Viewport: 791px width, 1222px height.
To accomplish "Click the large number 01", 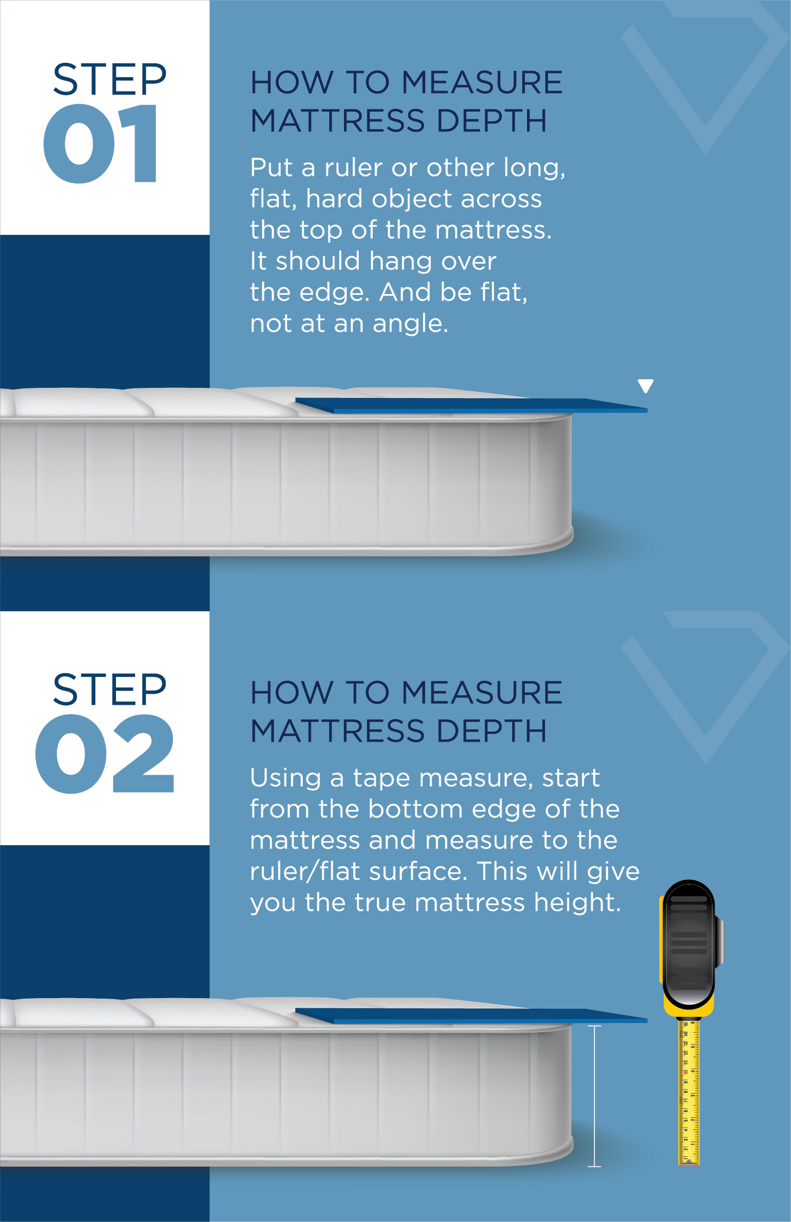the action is pyautogui.click(x=100, y=143).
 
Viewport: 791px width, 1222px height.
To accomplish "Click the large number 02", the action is pyautogui.click(x=104, y=753).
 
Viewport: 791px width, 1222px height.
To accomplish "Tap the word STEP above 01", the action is pyautogui.click(x=110, y=80).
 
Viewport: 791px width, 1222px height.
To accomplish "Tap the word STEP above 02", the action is pyautogui.click(x=110, y=689).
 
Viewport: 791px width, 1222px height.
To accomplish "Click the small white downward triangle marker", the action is pyautogui.click(x=645, y=386).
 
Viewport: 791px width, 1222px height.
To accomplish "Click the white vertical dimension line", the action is pyautogui.click(x=594, y=1095).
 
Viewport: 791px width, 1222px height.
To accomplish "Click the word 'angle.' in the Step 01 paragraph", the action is pyautogui.click(x=410, y=324).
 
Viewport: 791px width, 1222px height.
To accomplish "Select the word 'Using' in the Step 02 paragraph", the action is pyautogui.click(x=285, y=779).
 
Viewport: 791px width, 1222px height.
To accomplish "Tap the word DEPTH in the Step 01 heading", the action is pyautogui.click(x=491, y=121).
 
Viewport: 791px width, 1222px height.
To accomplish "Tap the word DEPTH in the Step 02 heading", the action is pyautogui.click(x=491, y=731).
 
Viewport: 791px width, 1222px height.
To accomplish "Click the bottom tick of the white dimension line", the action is pyautogui.click(x=594, y=1166).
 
